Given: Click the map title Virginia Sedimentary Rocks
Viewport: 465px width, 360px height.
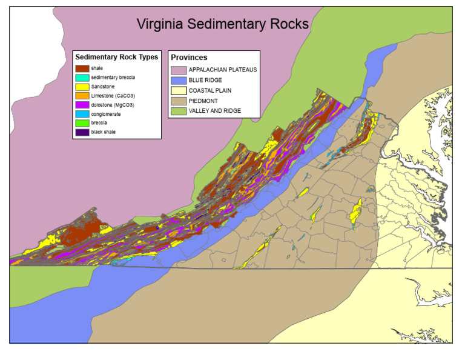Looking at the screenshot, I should point(222,24).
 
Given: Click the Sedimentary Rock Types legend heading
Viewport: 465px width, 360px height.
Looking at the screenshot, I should point(117,57).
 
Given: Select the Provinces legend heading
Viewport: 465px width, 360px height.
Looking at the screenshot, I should point(189,58).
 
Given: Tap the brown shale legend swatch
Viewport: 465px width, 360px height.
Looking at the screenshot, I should point(82,68).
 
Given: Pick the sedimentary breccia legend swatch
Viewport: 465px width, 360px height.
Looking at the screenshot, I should point(82,78).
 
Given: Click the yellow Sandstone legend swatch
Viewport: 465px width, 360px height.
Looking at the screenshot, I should point(82,87).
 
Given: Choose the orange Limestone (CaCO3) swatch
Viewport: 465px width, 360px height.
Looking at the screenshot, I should point(82,96).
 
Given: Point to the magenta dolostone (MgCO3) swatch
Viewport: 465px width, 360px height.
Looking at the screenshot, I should point(82,105).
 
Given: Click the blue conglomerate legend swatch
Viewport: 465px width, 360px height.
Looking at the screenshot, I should point(82,114).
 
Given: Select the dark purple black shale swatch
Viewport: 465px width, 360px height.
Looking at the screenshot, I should point(82,132).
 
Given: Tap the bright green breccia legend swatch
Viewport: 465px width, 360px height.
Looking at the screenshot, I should point(82,123).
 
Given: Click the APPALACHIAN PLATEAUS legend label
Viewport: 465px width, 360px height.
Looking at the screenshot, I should point(222,70).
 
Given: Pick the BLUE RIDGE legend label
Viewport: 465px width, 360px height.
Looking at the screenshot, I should point(205,80).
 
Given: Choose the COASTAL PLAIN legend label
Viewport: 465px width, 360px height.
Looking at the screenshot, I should point(210,90).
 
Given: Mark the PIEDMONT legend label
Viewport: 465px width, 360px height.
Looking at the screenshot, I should point(203,101).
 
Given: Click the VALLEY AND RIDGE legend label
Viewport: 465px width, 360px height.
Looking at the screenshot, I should point(215,111).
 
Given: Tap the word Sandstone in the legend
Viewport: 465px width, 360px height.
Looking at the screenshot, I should point(103,87).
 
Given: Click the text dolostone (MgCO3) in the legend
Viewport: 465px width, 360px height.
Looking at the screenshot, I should point(112,105).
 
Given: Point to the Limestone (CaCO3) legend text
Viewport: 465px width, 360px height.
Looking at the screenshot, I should point(112,96).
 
